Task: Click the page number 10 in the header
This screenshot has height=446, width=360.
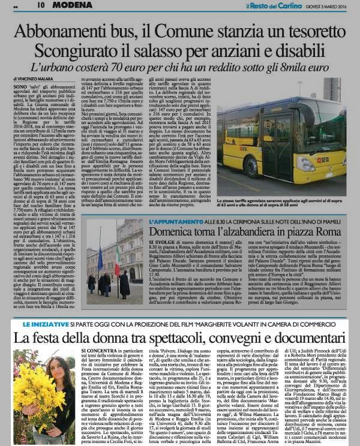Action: coord(41,5)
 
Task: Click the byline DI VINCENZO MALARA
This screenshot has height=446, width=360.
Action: coord(32,79)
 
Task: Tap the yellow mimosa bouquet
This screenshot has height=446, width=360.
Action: coord(26,408)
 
